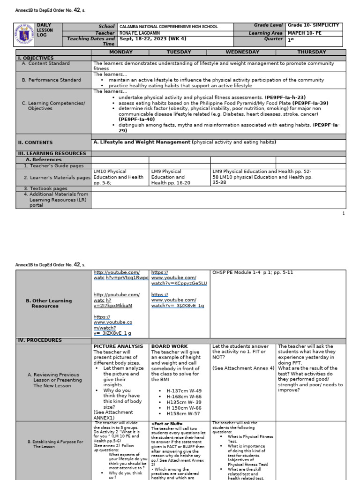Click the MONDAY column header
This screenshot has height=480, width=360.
(120, 52)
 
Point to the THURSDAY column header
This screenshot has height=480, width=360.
(311, 52)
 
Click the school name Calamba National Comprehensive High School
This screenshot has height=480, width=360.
(169, 27)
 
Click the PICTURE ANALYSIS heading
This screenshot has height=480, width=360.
(118, 346)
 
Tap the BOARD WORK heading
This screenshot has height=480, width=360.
(169, 346)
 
